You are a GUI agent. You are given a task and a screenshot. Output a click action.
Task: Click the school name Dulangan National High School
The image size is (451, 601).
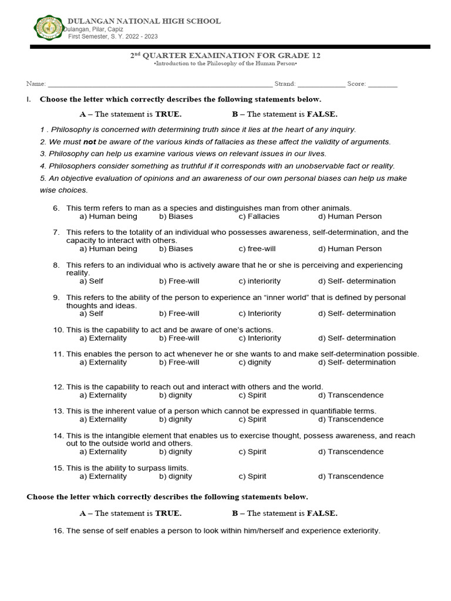pyautogui.click(x=144, y=21)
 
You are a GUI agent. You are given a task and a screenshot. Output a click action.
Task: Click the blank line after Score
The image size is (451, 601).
pyautogui.click(x=383, y=84)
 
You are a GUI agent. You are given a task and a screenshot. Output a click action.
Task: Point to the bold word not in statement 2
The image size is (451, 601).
pyautogui.click(x=89, y=142)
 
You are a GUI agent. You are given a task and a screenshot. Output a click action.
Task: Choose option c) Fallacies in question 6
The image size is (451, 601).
pyautogui.click(x=259, y=217)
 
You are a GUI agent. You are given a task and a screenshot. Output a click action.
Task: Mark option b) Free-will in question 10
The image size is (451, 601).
pyautogui.click(x=179, y=338)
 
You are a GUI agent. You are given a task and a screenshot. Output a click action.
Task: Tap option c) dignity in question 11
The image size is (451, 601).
pyautogui.click(x=255, y=362)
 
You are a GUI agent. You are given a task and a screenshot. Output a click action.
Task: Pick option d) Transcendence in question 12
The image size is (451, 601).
pyautogui.click(x=351, y=395)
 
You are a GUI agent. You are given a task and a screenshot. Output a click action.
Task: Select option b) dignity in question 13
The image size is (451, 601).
pyautogui.click(x=176, y=419)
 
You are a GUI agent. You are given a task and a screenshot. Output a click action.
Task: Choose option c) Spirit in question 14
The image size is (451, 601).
pyautogui.click(x=253, y=451)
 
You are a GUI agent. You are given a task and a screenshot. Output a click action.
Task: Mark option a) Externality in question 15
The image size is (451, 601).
pyautogui.click(x=103, y=477)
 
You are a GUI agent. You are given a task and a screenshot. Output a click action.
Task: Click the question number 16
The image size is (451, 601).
pyautogui.click(x=58, y=531)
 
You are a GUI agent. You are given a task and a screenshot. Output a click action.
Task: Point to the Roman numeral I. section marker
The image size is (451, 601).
pyautogui.click(x=28, y=99)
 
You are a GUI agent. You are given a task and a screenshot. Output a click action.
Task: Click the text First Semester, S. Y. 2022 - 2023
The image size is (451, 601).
pyautogui.click(x=113, y=36)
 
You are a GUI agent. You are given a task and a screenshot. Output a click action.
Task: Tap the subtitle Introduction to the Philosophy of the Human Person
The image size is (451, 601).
pyautogui.click(x=225, y=63)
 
